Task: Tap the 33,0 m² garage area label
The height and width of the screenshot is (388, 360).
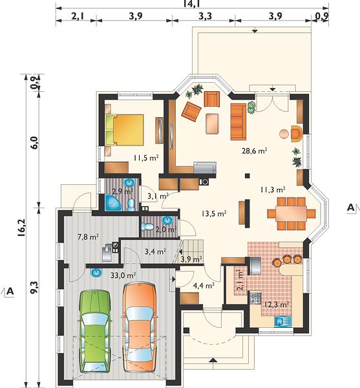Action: [123, 275]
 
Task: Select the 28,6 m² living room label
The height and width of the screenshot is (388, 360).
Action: [255, 151]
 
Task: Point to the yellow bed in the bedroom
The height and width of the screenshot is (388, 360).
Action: [124, 129]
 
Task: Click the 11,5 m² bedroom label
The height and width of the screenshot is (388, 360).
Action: [146, 158]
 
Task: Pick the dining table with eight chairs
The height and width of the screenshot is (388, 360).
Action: [291, 213]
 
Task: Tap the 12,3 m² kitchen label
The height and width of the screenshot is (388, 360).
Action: [277, 305]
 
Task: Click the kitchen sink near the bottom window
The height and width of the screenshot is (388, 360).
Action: [283, 321]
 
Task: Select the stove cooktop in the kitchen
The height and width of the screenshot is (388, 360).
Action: [255, 298]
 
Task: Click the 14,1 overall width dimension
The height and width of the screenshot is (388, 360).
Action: [192, 3]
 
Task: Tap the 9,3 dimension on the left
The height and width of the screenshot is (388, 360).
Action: [34, 287]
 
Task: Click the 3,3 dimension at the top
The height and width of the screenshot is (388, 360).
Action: [206, 16]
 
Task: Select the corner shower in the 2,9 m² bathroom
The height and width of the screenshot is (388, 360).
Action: [112, 202]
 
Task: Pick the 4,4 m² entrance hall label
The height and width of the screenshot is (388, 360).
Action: [204, 286]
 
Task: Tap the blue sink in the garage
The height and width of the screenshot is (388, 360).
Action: [96, 272]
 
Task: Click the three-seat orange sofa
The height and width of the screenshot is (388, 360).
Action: [238, 122]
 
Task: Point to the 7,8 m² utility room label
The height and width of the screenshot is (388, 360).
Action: [89, 237]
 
